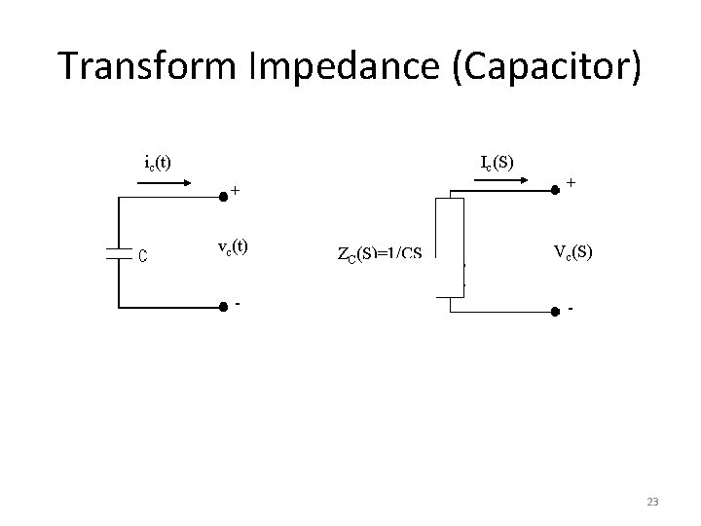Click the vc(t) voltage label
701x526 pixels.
tap(232, 247)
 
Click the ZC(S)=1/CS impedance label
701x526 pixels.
tap(380, 254)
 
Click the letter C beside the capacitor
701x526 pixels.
tap(142, 256)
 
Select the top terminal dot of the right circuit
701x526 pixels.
tap(554, 192)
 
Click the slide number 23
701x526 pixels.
tap(652, 502)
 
